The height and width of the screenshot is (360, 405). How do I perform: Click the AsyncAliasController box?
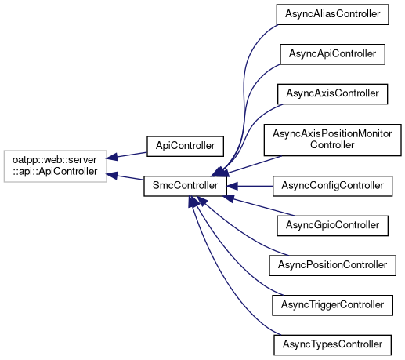point(332,15)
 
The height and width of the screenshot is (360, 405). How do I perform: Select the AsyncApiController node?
point(332,54)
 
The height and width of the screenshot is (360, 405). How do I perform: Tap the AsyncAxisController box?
point(332,94)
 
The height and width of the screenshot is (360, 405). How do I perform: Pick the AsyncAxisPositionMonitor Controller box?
point(332,140)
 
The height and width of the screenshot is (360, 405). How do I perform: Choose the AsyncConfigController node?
point(332,186)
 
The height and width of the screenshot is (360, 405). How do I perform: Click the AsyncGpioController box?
point(332,226)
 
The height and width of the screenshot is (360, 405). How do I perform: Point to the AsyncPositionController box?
point(332,266)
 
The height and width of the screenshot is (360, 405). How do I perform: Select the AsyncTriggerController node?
point(332,305)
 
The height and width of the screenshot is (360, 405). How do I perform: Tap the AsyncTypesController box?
point(332,345)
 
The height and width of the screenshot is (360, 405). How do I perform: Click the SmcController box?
point(185,186)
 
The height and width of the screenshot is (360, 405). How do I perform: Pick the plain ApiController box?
point(185,147)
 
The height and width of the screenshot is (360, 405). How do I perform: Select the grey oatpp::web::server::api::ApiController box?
point(56,166)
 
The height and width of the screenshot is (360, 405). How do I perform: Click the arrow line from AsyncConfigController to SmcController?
point(250,186)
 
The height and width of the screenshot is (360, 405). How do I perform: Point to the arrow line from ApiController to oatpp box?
point(127,155)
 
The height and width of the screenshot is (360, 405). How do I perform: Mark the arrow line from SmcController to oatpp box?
point(125,176)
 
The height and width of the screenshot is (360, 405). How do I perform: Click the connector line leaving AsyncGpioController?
point(259,206)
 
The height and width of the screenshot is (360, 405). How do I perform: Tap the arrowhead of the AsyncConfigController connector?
point(232,186)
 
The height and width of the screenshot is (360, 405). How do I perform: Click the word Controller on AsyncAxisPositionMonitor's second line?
point(332,145)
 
